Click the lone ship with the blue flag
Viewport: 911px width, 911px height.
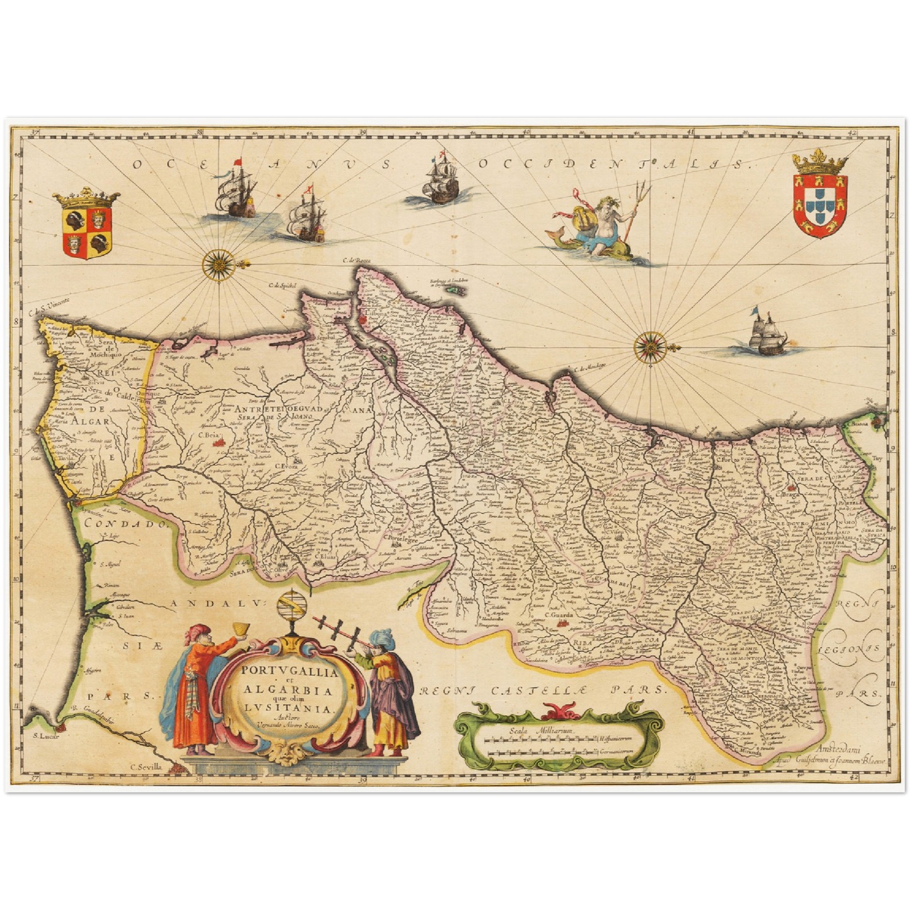click(x=764, y=333)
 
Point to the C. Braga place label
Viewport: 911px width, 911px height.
click(x=791, y=494)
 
